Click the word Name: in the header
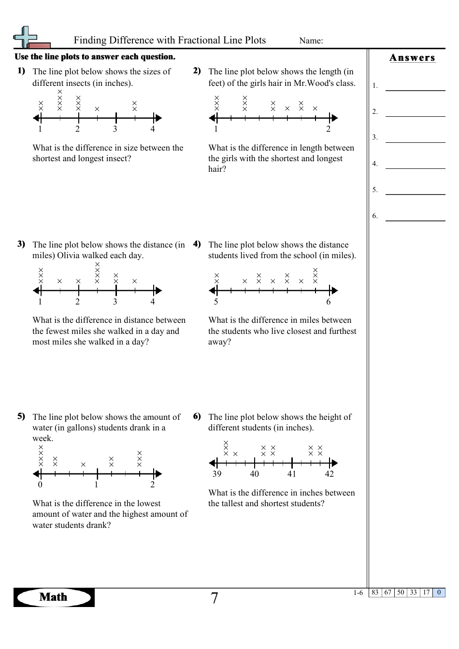pyautogui.click(x=311, y=41)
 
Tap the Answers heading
pyautogui.click(x=412, y=58)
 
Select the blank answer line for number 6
pyautogui.click(x=415, y=220)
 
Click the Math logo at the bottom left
pyautogui.click(x=54, y=597)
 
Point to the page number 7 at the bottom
pyautogui.click(x=215, y=598)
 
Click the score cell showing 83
pyautogui.click(x=375, y=593)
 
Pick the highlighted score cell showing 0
pyautogui.click(x=439, y=593)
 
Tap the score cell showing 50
pyautogui.click(x=401, y=593)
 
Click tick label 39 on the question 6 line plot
pyautogui.click(x=217, y=474)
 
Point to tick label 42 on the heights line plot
pyautogui.click(x=329, y=474)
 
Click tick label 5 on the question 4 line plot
pyautogui.click(x=216, y=302)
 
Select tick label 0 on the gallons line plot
pyautogui.click(x=40, y=485)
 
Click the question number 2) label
pyautogui.click(x=197, y=71)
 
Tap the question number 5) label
pyautogui.click(x=21, y=416)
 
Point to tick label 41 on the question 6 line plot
pyautogui.click(x=292, y=474)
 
